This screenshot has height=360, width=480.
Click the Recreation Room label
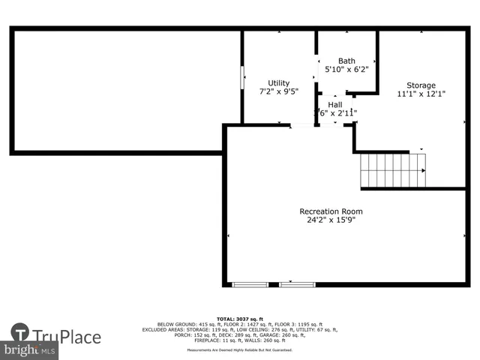click(x=331, y=211)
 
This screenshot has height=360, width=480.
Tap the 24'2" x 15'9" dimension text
click(x=331, y=220)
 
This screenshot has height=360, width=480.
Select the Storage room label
click(x=421, y=85)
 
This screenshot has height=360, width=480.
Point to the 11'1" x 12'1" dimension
click(x=421, y=94)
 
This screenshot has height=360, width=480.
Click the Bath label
click(x=346, y=61)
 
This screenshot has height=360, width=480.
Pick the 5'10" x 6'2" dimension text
click(x=346, y=70)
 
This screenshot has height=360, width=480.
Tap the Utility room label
click(x=279, y=83)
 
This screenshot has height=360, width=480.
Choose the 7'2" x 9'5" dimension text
click(x=279, y=92)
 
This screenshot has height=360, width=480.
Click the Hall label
click(x=335, y=105)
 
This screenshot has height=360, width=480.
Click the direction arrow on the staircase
click(x=421, y=171)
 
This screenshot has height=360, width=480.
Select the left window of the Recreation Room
click(x=250, y=284)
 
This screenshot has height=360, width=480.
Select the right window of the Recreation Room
click(x=298, y=284)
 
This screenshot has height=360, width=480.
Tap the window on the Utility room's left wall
click(x=241, y=77)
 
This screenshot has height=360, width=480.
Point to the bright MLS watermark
click(x=30, y=350)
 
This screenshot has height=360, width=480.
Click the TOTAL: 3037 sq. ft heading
click(x=240, y=318)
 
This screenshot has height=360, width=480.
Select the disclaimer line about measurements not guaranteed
click(x=240, y=350)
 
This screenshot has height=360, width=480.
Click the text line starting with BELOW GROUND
click(x=240, y=324)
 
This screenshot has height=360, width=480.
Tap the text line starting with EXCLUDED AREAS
click(x=240, y=329)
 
